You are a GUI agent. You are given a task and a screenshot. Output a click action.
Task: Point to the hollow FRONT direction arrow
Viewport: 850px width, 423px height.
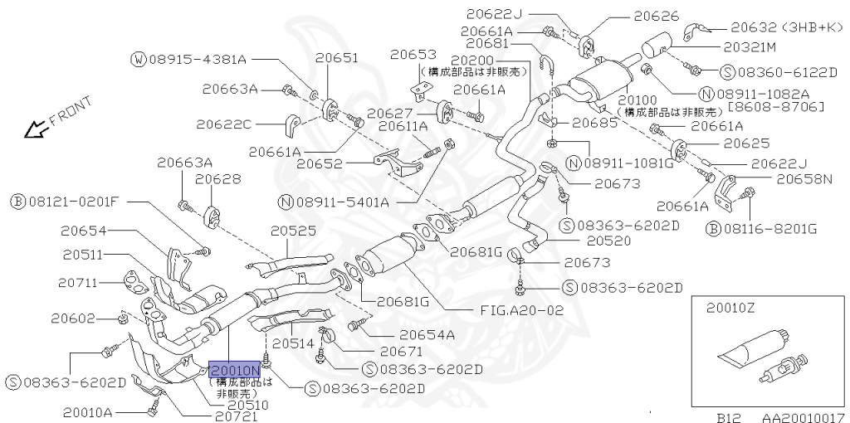[34, 129]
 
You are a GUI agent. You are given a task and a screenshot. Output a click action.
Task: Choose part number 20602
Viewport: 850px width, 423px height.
[74, 318]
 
